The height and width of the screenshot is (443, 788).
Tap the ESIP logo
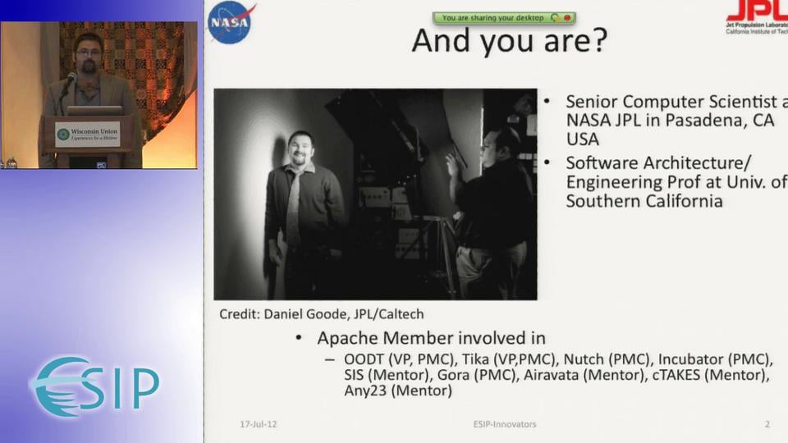click(95, 386)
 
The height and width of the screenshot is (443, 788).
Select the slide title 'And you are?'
click(509, 40)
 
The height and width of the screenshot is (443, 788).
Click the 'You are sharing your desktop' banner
click(492, 17)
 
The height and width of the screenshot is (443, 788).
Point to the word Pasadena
click(686, 120)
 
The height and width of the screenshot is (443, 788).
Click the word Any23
click(364, 391)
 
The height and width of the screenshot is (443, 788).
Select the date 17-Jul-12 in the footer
click(258, 424)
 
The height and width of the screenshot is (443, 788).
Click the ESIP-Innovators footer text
click(504, 424)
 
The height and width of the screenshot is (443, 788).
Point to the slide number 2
click(767, 424)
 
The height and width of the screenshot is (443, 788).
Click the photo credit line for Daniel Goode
click(321, 314)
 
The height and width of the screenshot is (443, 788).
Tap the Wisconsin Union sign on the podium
click(88, 134)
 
